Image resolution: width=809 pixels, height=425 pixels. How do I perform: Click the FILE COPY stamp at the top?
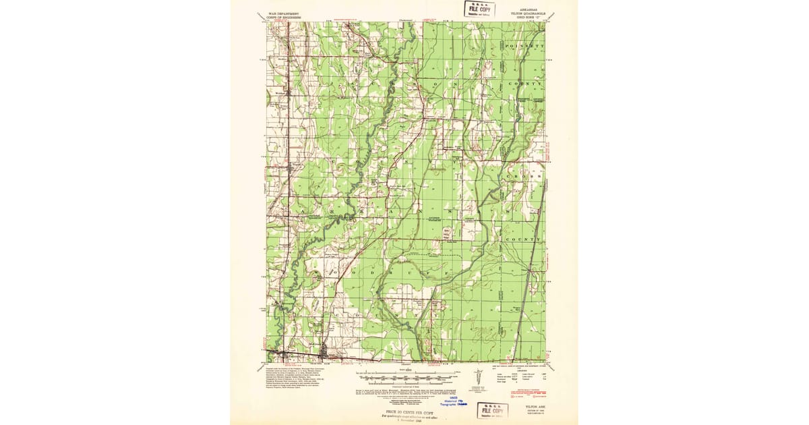[x=479, y=9]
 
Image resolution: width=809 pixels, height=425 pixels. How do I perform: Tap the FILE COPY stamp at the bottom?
[x=493, y=410]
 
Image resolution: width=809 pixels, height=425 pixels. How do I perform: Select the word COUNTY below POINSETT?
[x=529, y=84]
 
